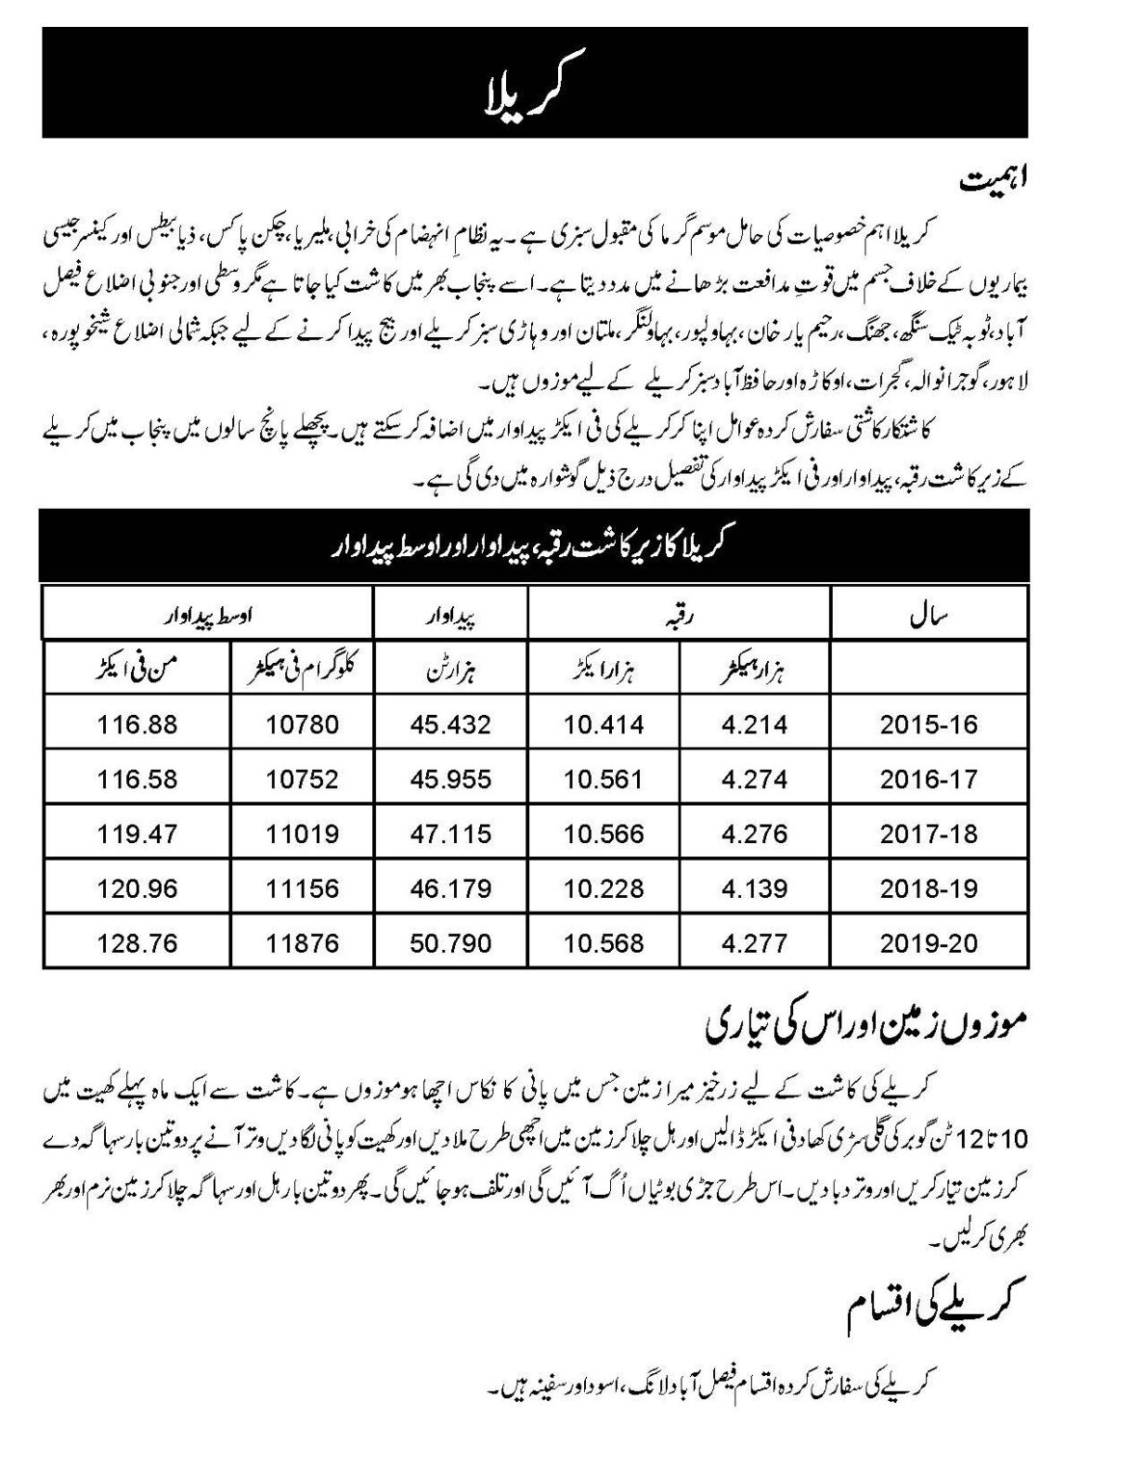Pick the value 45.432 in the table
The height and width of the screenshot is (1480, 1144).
click(451, 724)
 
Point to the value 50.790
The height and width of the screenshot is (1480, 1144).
click(451, 943)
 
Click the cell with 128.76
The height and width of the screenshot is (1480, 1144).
click(137, 943)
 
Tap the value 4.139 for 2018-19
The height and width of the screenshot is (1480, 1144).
click(755, 888)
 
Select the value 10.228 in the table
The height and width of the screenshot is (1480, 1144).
click(603, 888)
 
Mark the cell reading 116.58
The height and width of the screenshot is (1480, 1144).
click(137, 779)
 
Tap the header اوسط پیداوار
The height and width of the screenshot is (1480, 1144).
click(207, 613)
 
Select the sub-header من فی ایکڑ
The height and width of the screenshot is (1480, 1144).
click(137, 668)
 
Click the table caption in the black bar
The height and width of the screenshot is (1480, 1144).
click(534, 545)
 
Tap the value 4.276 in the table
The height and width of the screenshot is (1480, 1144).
click(755, 833)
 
